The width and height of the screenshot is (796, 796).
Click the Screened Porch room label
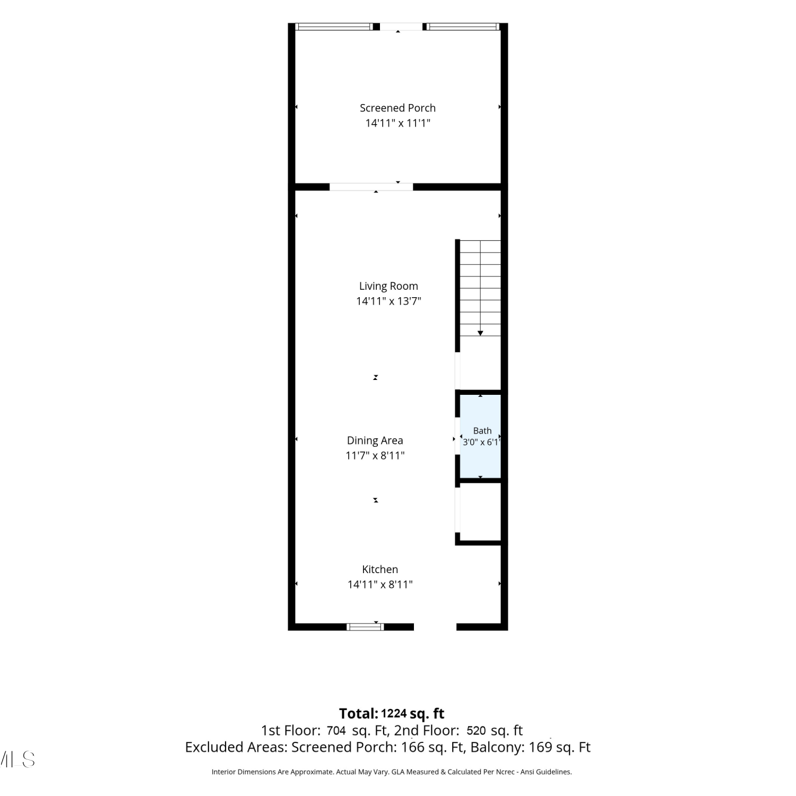397,108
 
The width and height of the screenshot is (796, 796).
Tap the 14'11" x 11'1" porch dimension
397,123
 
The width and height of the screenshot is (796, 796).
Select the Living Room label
388,287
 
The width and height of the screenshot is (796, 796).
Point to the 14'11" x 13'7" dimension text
388,301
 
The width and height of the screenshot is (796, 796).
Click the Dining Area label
375,440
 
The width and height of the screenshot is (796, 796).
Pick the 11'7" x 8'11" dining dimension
375,455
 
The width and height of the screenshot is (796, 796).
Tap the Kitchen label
380,569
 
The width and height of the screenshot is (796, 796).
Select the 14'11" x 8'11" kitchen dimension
380,584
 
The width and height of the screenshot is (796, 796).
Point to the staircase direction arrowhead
480,333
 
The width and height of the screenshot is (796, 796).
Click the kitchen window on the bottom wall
365,627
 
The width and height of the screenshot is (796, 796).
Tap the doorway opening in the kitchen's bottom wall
435,627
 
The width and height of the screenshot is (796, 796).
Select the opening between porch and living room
371,187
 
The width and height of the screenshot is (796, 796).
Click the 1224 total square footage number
394,714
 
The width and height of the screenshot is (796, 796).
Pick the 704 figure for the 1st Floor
336,731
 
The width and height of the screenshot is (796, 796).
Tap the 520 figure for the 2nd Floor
476,731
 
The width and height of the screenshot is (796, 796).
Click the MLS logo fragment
18,759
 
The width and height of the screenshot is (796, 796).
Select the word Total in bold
359,714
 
